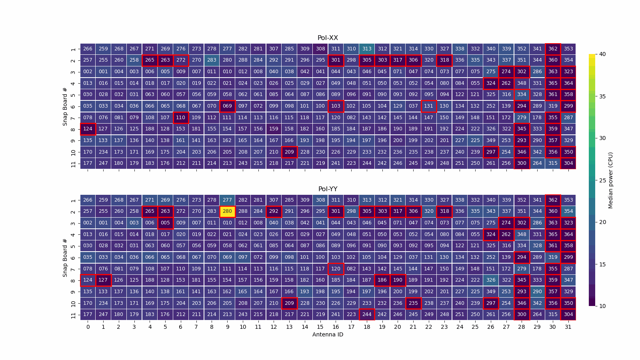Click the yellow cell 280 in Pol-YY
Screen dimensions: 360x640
point(227,211)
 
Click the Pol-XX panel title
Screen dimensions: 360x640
point(328,38)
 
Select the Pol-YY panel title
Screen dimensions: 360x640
point(328,189)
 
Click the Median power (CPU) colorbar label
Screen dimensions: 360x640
point(610,180)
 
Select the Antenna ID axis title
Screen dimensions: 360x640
point(328,334)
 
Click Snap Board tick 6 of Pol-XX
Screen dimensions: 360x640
point(73,106)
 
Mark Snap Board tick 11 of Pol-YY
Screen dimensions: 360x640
point(73,315)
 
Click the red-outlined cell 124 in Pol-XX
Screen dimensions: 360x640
point(88,129)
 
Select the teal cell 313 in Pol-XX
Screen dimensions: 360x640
point(366,49)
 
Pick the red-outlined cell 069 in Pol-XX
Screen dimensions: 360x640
point(227,106)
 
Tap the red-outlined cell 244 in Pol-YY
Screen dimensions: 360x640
point(366,314)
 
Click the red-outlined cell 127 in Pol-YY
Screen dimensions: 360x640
point(103,280)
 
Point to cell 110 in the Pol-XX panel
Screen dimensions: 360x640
point(181,118)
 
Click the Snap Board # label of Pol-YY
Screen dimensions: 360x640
point(65,258)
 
